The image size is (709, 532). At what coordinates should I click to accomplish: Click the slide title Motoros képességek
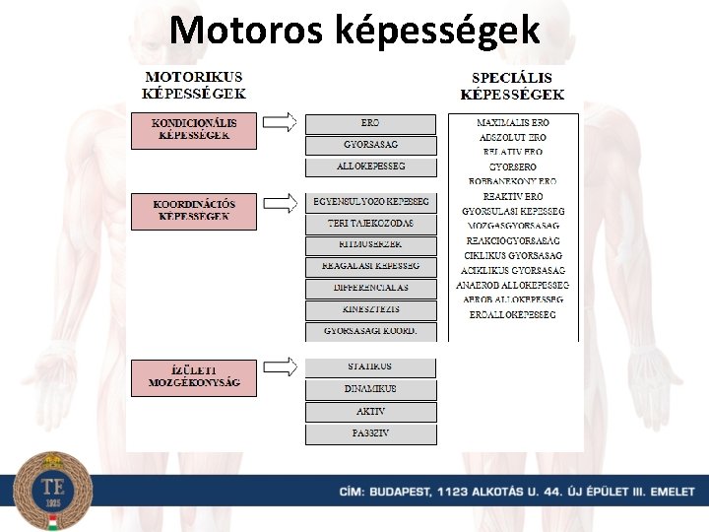(x=354, y=31)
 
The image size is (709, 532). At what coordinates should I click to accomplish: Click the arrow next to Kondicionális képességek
(x=281, y=122)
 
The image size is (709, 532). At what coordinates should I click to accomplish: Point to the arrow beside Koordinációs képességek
(x=281, y=203)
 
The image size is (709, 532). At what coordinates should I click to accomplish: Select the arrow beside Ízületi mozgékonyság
(x=281, y=366)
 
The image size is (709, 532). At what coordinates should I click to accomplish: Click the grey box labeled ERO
(x=370, y=124)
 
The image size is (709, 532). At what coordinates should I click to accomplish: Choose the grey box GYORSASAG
(x=370, y=146)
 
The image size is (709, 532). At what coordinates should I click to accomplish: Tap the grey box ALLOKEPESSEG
(x=370, y=167)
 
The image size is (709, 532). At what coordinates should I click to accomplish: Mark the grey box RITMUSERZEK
(x=370, y=245)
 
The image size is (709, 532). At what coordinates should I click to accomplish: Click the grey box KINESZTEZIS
(x=370, y=310)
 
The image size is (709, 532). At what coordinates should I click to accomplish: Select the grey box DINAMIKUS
(x=370, y=389)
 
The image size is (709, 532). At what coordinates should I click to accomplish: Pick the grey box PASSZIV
(x=370, y=433)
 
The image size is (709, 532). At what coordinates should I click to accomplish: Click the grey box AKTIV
(x=370, y=412)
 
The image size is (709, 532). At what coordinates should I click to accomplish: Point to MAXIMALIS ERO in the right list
(x=512, y=123)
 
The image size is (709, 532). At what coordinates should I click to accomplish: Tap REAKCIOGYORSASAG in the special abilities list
(x=512, y=240)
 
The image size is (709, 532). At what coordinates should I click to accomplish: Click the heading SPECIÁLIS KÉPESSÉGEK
(x=512, y=86)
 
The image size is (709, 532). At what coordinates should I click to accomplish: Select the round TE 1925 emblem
(x=52, y=491)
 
